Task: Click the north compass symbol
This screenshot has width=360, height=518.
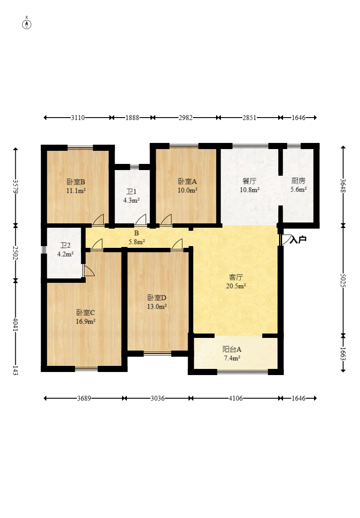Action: coord(27,24)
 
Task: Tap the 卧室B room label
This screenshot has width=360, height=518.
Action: coord(76,182)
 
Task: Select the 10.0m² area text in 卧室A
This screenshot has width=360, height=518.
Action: coord(188,190)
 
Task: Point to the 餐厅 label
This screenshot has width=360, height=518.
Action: coord(249,181)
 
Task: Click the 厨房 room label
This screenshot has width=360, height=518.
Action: coord(298,181)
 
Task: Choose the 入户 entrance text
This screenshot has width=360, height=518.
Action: coord(298,240)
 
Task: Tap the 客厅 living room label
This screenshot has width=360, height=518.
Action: coord(236,277)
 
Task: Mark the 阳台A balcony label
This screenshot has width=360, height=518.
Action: coord(232,349)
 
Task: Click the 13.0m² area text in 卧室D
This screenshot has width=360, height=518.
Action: coord(157,306)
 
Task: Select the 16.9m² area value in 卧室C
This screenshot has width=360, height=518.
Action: coord(86,321)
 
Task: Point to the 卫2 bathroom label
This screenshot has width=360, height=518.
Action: coord(65,246)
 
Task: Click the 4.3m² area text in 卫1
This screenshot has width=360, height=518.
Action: coord(131,200)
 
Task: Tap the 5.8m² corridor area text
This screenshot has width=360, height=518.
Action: coord(136,242)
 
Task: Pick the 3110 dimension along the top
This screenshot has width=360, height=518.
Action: coord(78,118)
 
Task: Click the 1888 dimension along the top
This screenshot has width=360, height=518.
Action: coord(132,118)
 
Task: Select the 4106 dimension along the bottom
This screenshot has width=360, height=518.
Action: coord(236,398)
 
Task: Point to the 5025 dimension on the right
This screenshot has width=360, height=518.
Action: coord(343,281)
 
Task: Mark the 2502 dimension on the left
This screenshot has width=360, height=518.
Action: coord(15,253)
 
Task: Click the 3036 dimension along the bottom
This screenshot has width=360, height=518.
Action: coord(157,398)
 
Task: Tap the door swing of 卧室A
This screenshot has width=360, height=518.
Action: coord(166,219)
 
